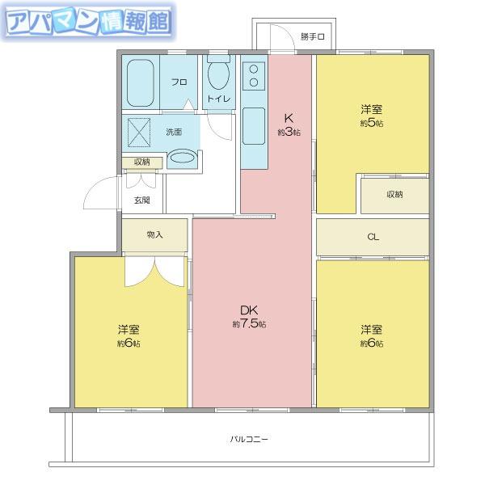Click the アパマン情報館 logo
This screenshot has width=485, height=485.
click(89, 22)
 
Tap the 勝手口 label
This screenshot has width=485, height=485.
click(313, 36)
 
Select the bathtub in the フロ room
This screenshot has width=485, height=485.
click(141, 82)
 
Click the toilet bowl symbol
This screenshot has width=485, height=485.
click(219, 74)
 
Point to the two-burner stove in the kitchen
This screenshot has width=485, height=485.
click(254, 76)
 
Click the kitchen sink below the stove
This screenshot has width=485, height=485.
click(254, 126)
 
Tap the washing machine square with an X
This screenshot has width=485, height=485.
click(139, 133)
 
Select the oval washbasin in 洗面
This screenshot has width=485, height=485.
click(183, 158)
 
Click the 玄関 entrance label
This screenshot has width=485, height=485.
click(142, 200)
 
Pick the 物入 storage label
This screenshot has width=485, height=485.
click(154, 234)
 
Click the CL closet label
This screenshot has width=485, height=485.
click(373, 237)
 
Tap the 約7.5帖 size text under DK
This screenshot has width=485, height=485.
click(249, 324)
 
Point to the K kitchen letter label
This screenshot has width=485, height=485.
click(289, 118)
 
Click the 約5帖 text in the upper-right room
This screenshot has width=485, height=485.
click(372, 123)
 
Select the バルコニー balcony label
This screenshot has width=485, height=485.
click(249, 439)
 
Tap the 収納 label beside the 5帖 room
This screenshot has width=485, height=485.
click(394, 194)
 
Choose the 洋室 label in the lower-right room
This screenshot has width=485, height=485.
click(372, 330)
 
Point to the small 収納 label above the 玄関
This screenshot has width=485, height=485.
click(142, 162)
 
